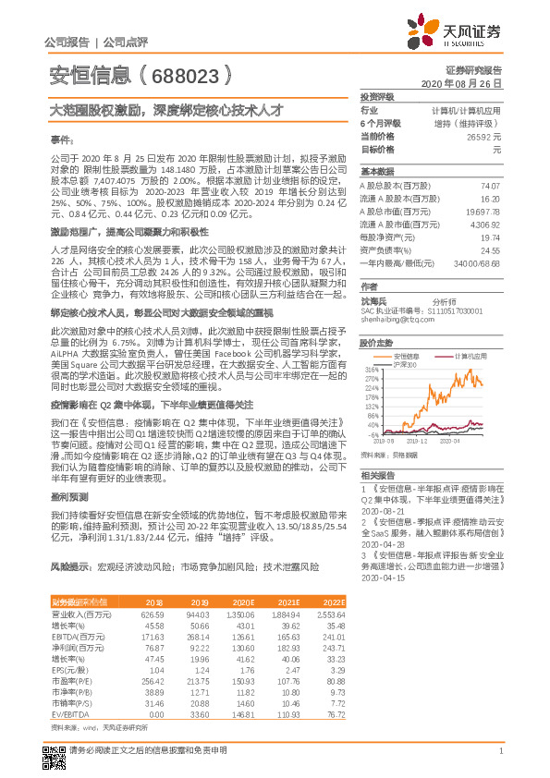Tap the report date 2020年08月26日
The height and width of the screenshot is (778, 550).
(467, 84)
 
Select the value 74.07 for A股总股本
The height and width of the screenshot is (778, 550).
(491, 186)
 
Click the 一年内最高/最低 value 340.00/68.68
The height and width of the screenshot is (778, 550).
(478, 263)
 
